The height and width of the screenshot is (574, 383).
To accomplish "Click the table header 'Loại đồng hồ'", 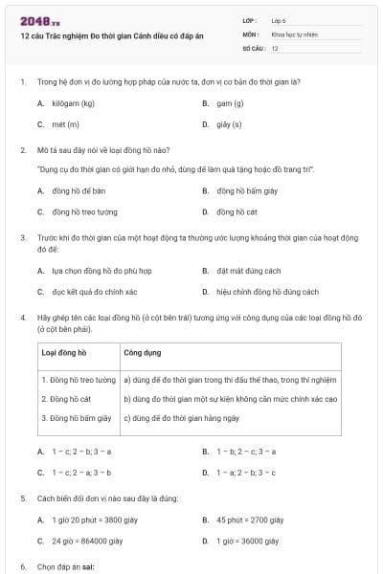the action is coord(63,352).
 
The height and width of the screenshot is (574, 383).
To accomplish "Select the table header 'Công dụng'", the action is coord(143,352).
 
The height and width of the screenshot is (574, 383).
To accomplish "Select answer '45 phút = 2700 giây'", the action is coord(249,519).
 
